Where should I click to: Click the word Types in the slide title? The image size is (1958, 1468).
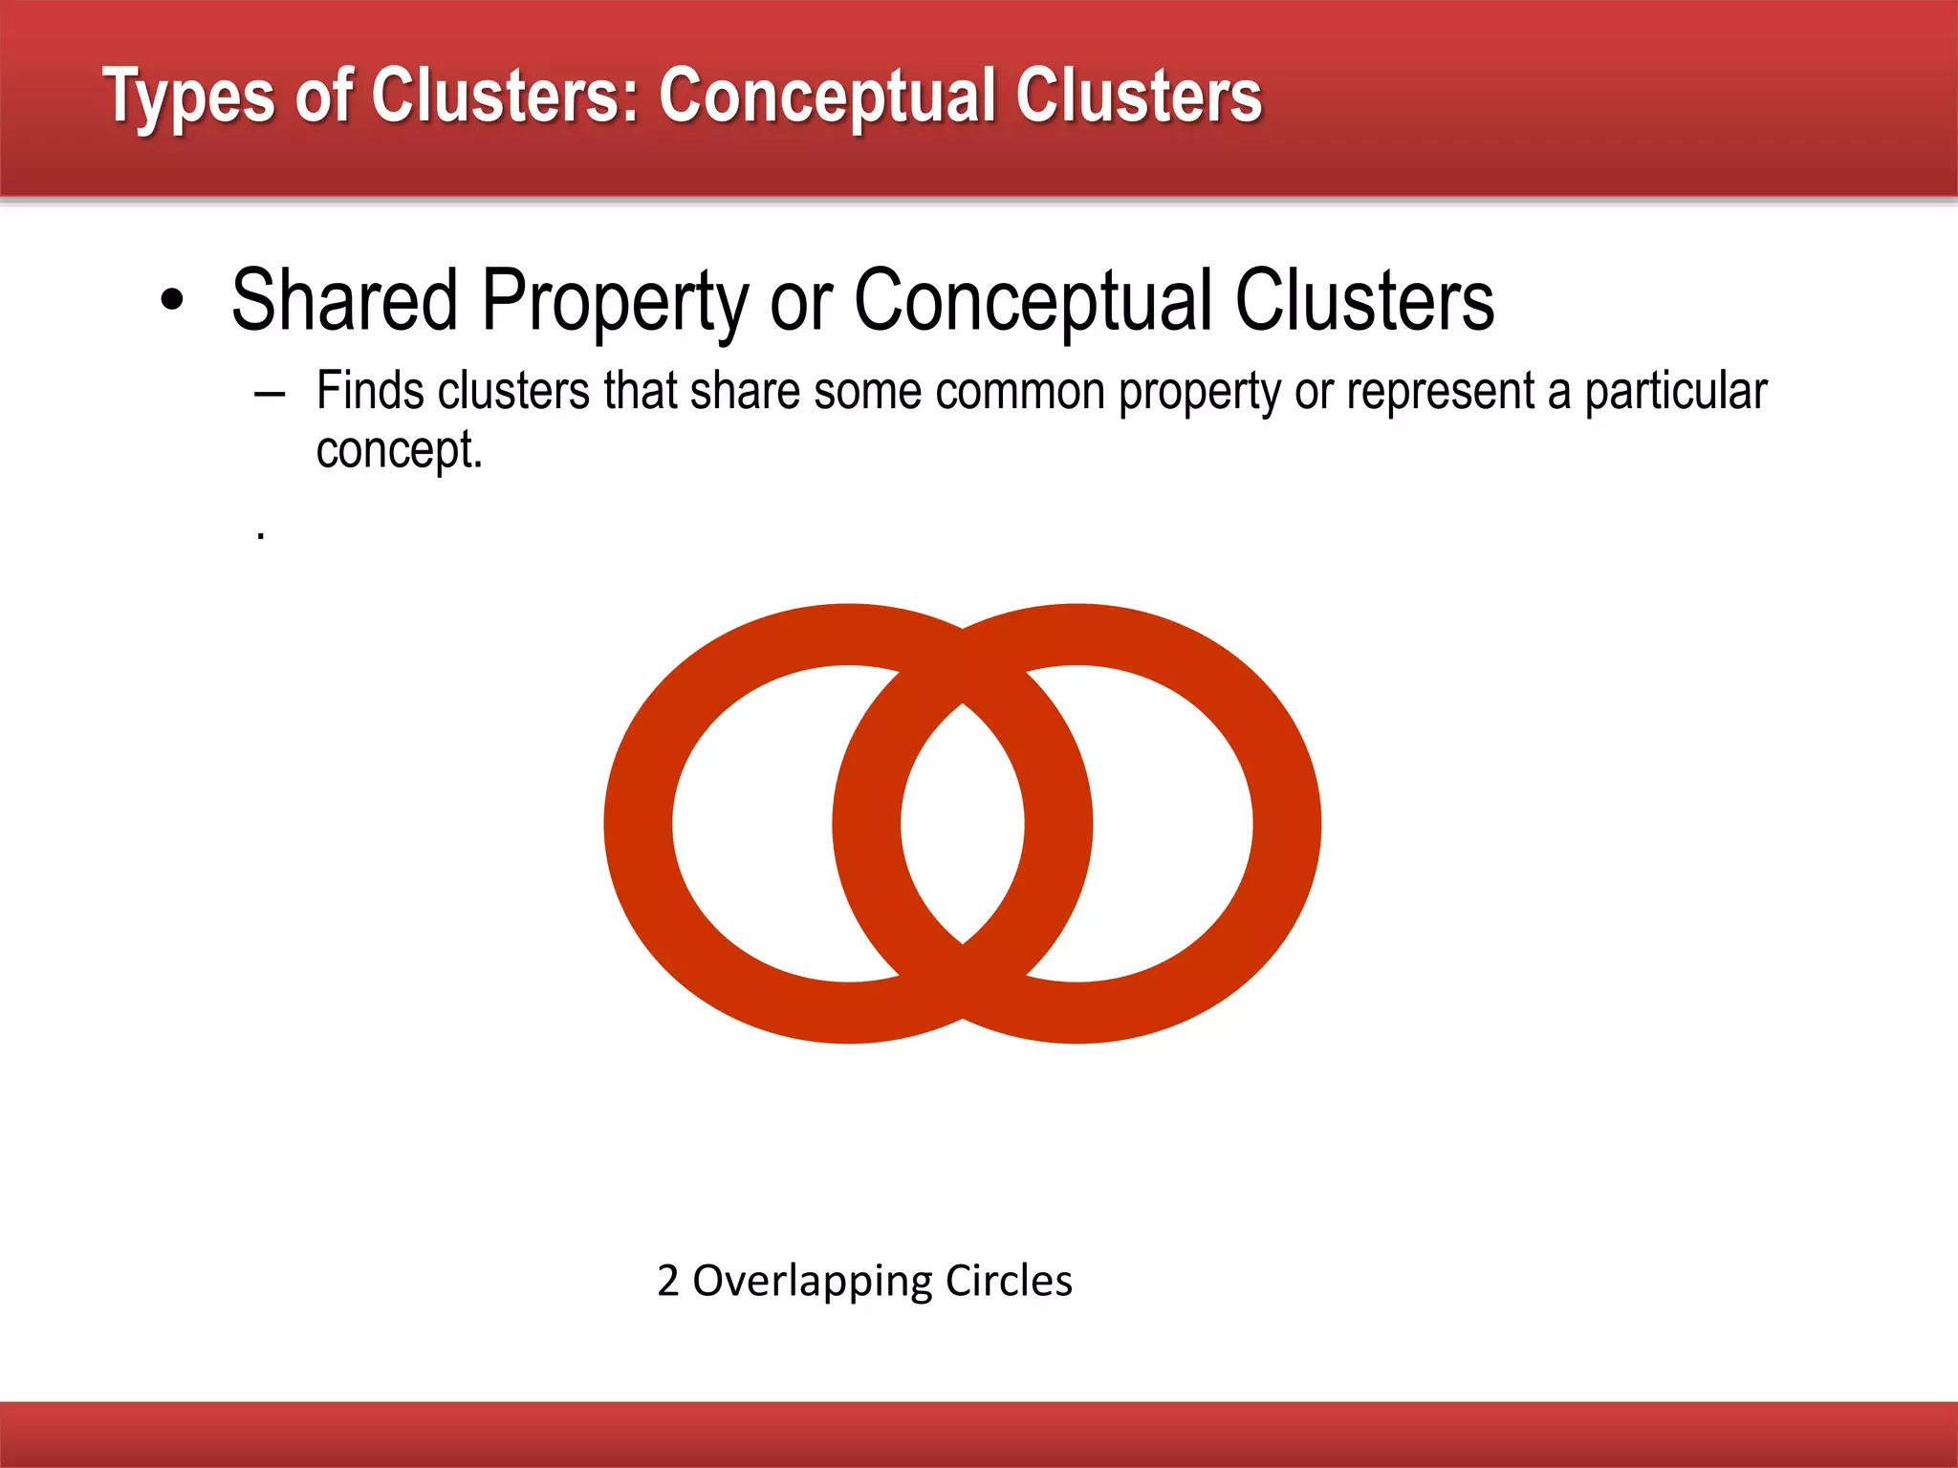(x=189, y=97)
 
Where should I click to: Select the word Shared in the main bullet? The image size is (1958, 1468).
(x=345, y=301)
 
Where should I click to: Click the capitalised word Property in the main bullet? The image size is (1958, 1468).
(x=615, y=303)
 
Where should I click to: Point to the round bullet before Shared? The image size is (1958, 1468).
(x=172, y=301)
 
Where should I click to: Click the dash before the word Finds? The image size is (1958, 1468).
(x=271, y=394)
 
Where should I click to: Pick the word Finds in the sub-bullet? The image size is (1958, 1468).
(x=370, y=391)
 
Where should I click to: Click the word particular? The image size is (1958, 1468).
(x=1676, y=393)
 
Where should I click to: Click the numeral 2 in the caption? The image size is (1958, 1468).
(x=668, y=1281)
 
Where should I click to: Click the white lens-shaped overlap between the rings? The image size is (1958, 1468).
(x=963, y=824)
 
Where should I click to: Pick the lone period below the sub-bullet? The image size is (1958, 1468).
(x=260, y=538)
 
